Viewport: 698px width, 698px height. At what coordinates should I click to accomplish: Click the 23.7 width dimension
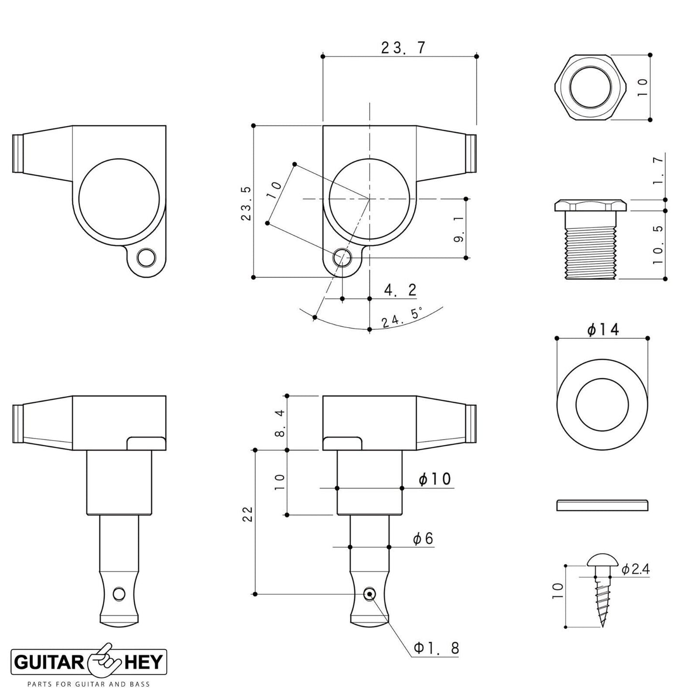click(x=402, y=47)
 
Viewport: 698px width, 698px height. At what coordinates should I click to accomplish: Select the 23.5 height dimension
click(x=246, y=203)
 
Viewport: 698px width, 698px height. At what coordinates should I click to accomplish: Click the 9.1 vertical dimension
click(x=459, y=229)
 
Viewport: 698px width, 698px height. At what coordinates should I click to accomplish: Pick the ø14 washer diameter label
click(x=603, y=329)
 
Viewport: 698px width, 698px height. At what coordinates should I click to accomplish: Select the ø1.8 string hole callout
click(x=436, y=647)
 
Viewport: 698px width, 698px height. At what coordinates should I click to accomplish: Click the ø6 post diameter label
click(x=423, y=539)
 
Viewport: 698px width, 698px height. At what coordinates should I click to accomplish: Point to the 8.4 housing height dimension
click(x=281, y=423)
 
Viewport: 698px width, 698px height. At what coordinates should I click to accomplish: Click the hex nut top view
click(x=590, y=87)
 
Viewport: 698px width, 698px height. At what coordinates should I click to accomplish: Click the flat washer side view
click(x=602, y=505)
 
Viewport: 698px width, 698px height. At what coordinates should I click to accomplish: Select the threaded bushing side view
click(x=590, y=239)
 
